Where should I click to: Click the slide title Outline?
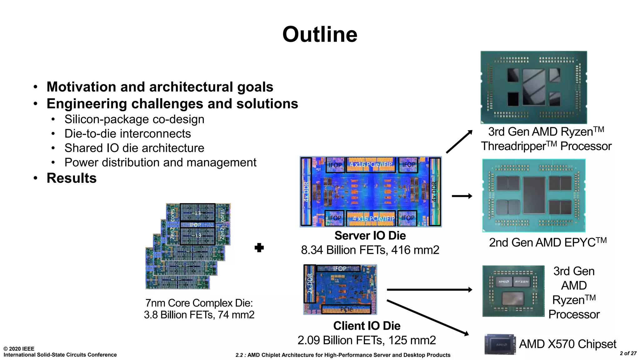320,34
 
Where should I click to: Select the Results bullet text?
72,178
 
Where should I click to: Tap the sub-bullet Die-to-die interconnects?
127,134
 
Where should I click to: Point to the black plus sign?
259,248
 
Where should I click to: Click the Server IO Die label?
370,236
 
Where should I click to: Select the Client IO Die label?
367,326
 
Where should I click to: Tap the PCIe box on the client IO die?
346,309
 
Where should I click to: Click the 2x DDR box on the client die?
310,283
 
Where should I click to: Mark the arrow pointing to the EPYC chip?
462,196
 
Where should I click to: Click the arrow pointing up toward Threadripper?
459,142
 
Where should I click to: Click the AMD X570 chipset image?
500,344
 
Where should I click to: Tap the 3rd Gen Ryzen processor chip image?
513,291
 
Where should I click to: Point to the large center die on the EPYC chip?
534,195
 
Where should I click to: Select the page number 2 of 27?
628,353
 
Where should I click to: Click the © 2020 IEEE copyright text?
19,349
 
